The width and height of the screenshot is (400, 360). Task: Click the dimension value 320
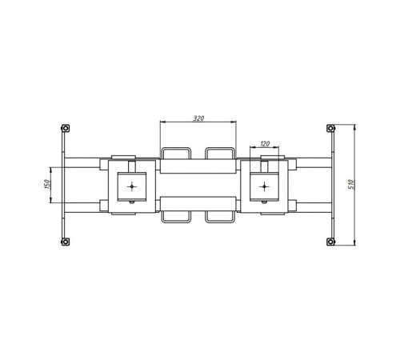click(198, 118)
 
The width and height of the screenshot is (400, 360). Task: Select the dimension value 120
click(265, 144)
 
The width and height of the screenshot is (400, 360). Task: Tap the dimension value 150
click(47, 184)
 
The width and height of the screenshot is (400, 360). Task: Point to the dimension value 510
click(351, 184)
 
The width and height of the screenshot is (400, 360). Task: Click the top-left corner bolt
click(65, 128)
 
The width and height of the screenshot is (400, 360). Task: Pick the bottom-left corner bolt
click(65, 242)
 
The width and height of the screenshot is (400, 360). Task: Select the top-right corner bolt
click(330, 128)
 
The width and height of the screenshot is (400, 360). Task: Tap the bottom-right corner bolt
click(330, 242)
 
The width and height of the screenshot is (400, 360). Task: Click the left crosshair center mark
click(132, 186)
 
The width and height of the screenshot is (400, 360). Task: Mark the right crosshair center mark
click(264, 186)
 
